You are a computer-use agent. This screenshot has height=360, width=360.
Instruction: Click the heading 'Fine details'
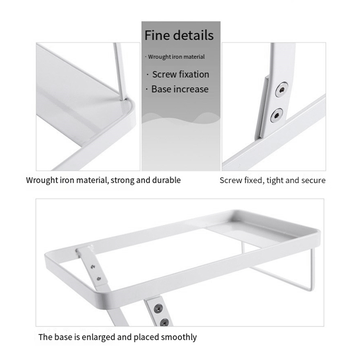pyautogui.click(x=179, y=35)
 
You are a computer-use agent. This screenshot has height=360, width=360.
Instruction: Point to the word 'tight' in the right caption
pyautogui.click(x=275, y=180)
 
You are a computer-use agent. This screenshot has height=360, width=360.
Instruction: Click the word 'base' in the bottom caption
pyautogui.click(x=63, y=337)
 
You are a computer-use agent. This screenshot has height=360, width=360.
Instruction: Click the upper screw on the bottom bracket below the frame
pyautogui.click(x=158, y=308)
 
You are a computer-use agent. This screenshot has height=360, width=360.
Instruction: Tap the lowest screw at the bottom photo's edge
pyautogui.click(x=164, y=322)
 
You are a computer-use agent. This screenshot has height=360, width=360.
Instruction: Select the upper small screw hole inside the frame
pyautogui.click(x=93, y=266)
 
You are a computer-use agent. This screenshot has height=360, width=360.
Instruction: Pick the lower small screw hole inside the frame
pyautogui.click(x=99, y=279)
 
